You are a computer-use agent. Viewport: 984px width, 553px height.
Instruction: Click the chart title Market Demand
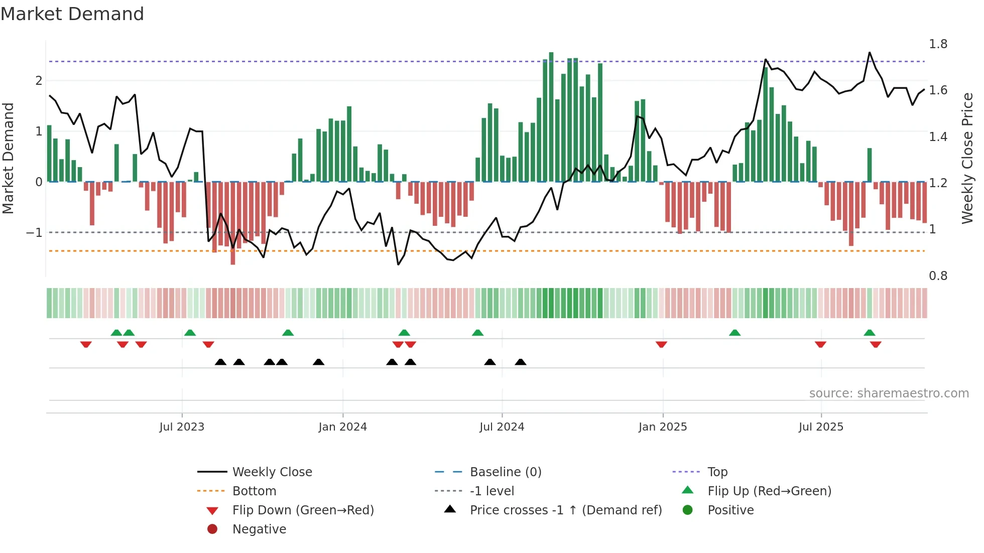click(x=72, y=14)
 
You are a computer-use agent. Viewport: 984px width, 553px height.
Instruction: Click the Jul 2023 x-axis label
click(x=182, y=427)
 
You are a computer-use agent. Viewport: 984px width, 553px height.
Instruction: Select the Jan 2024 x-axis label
click(x=342, y=427)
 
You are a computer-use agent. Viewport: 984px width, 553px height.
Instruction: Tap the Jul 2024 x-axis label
click(x=502, y=427)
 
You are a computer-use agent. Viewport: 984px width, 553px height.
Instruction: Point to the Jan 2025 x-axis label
click(x=663, y=427)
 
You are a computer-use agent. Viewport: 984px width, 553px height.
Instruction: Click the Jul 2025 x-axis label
click(x=821, y=427)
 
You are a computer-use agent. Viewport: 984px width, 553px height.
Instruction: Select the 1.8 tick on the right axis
click(x=938, y=44)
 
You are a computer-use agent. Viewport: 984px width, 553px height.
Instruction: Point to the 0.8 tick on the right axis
click(x=938, y=276)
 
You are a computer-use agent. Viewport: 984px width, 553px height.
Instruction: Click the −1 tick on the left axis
click(x=34, y=232)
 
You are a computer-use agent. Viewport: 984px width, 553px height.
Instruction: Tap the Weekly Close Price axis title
click(x=967, y=158)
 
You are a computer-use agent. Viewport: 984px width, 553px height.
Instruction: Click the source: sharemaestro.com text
click(x=889, y=393)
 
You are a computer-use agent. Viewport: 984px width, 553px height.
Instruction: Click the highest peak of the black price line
click(x=870, y=53)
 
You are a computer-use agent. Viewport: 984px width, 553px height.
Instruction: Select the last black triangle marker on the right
click(x=521, y=362)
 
